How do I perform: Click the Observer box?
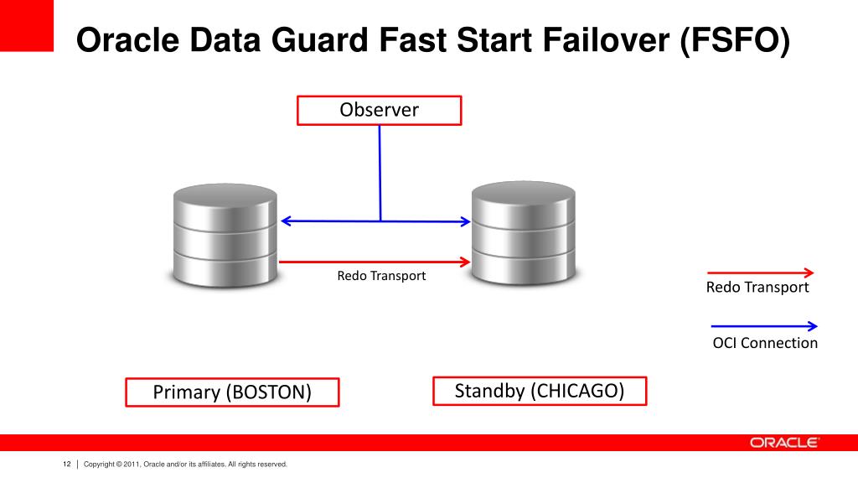[x=379, y=111]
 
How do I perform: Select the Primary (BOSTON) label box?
[x=232, y=392]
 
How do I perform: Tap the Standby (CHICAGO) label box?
[x=540, y=391]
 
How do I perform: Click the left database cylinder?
[x=225, y=236]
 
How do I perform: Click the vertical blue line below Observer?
[x=380, y=172]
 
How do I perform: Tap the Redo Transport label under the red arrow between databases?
[x=381, y=276]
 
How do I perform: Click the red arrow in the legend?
[x=761, y=273]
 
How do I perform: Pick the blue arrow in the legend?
[x=763, y=326]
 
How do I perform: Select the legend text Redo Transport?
[x=757, y=288]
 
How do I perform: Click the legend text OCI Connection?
[x=764, y=343]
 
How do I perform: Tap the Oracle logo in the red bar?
[x=784, y=443]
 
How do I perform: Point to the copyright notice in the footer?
[x=185, y=464]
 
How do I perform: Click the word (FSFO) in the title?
[x=735, y=40]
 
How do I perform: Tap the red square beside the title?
[x=27, y=25]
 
